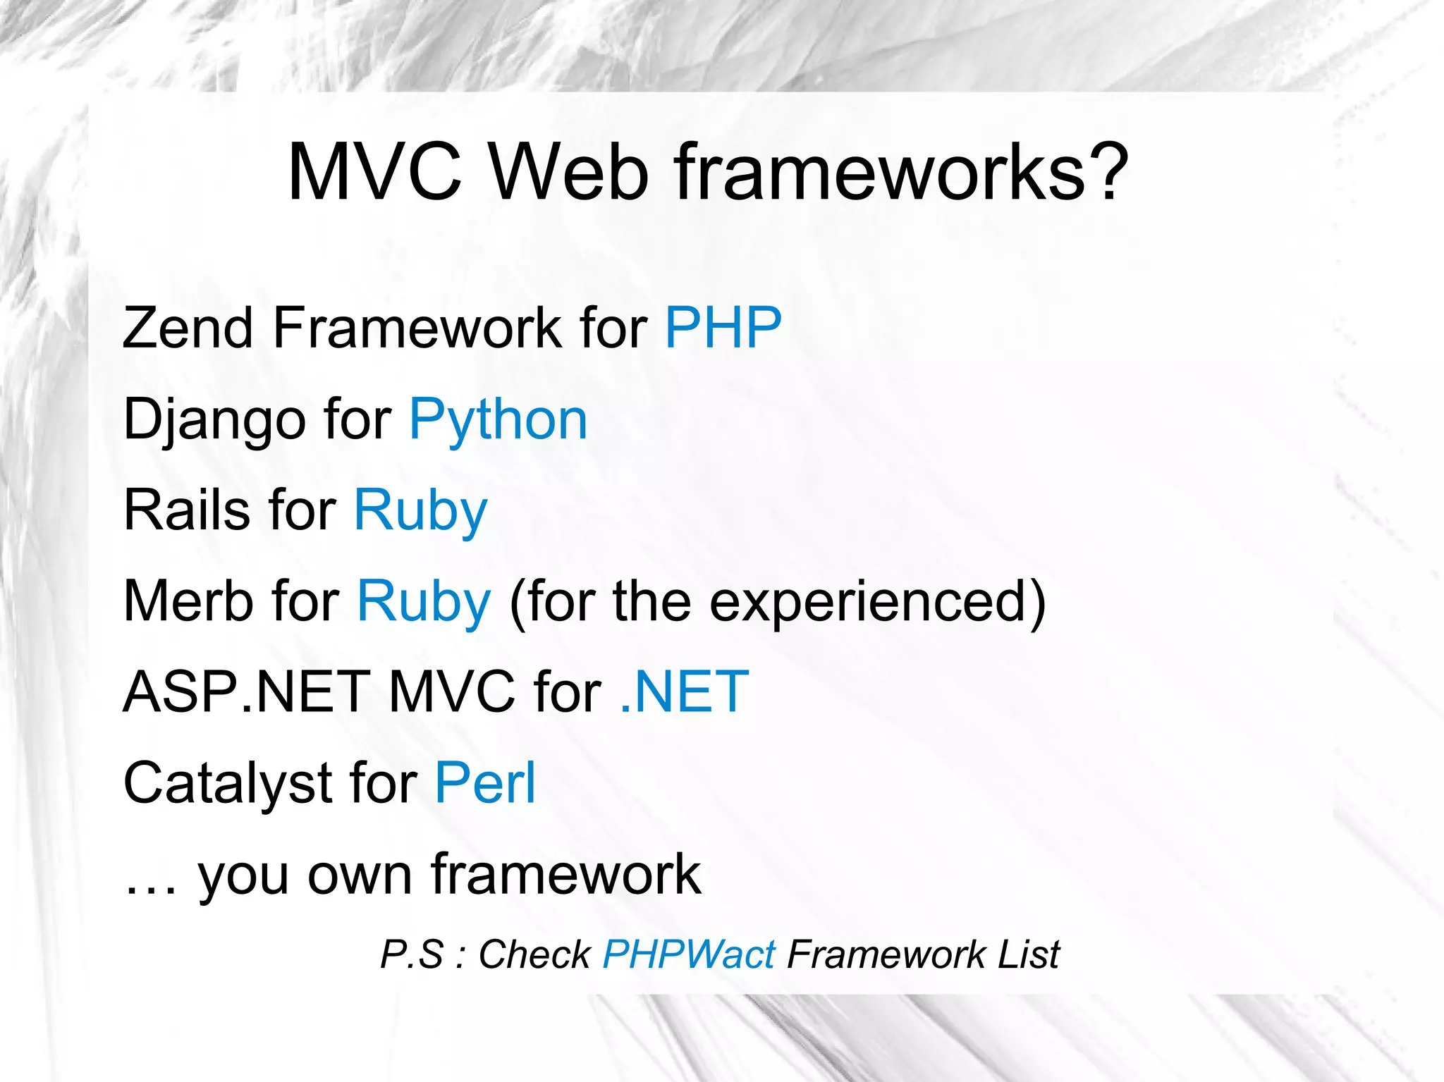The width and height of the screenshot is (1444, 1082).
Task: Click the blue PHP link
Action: [x=723, y=328]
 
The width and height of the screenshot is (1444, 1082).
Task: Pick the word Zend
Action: [x=188, y=328]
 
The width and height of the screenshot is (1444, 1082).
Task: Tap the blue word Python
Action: [x=498, y=420]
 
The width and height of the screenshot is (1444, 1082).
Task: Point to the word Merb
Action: [x=188, y=601]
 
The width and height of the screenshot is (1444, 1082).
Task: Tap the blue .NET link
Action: [x=684, y=692]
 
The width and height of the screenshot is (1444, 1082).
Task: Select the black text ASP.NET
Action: [x=247, y=692]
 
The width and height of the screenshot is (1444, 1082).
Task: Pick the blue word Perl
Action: [x=485, y=782]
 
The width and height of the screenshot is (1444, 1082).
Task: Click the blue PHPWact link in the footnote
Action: [x=689, y=955]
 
